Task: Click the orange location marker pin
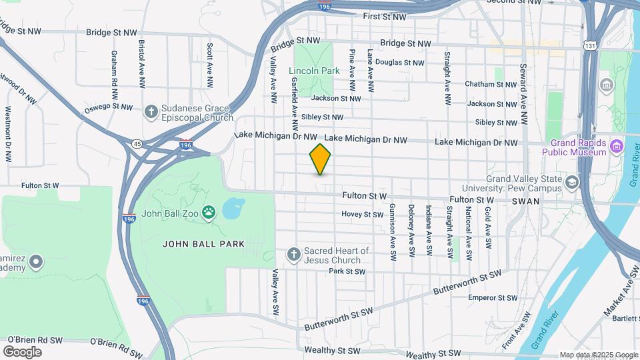click(320, 159)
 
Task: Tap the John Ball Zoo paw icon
click(209, 213)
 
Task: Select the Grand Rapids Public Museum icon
click(617, 146)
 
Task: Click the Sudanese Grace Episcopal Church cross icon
click(151, 111)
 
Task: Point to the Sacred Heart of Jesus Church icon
click(293, 255)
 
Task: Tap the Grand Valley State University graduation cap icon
click(571, 182)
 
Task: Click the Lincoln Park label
click(314, 71)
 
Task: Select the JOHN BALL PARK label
click(203, 244)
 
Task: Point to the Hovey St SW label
click(362, 215)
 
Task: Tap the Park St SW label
click(347, 271)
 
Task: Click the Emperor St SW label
click(493, 298)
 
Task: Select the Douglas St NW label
click(399, 63)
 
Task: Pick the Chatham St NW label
click(492, 85)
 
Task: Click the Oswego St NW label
click(109, 107)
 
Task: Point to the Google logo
click(22, 351)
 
